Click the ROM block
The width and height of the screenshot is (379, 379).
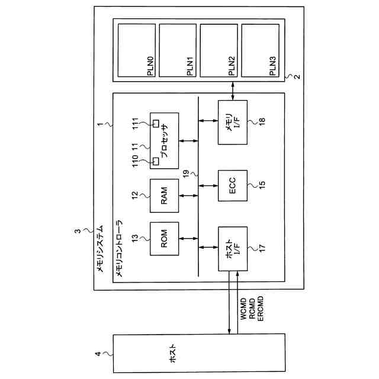click(165, 238)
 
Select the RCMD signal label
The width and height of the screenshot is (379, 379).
click(252, 309)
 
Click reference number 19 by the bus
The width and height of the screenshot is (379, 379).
click(186, 174)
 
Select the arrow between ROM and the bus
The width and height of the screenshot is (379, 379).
click(188, 238)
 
